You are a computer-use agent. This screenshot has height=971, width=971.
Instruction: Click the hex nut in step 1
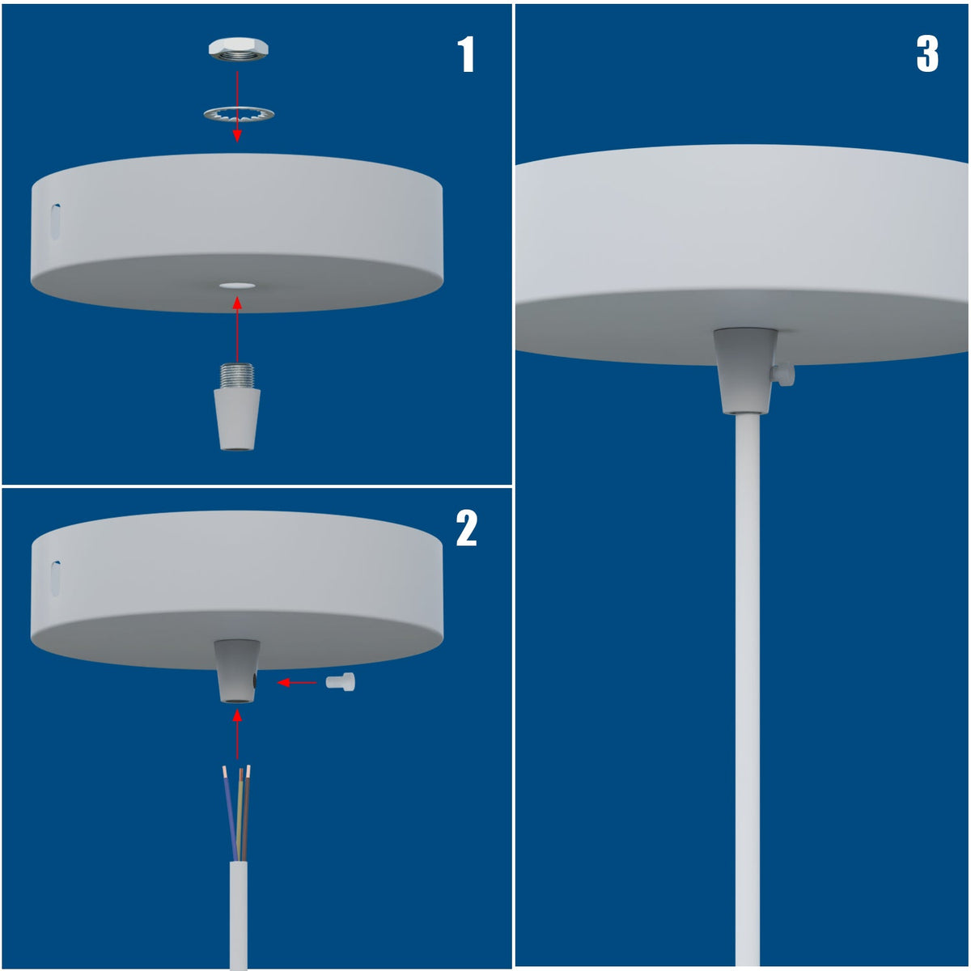tap(239, 50)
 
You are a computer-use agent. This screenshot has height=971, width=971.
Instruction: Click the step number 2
tap(466, 528)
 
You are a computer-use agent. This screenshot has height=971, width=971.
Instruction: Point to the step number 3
tap(927, 54)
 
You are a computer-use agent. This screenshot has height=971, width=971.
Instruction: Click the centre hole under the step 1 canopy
tap(237, 286)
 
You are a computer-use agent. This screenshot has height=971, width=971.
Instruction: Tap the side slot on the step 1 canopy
tap(56, 222)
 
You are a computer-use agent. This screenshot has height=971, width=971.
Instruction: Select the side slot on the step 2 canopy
tap(56, 579)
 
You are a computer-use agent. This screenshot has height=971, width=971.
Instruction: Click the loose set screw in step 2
tap(341, 682)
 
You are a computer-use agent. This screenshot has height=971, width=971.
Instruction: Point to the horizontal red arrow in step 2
tap(297, 683)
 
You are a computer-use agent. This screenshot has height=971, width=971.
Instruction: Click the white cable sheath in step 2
tap(239, 914)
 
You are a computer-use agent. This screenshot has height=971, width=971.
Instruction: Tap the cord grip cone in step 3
tap(746, 371)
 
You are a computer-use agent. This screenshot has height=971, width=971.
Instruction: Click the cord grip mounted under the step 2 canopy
tap(237, 671)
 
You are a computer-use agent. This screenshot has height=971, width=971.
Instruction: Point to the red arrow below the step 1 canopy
tap(237, 329)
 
